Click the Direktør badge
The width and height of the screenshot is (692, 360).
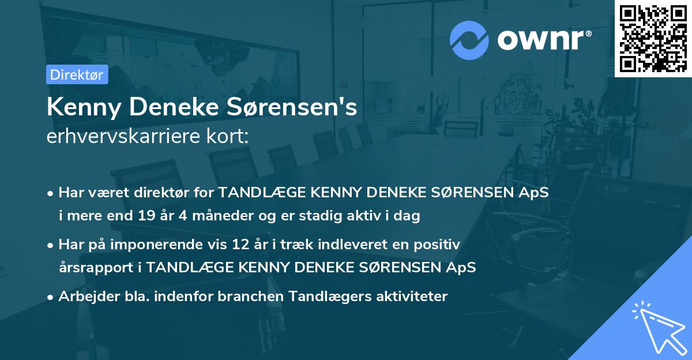tap(77, 74)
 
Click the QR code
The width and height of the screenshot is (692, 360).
tap(653, 38)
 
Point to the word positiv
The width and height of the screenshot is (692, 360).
tap(439, 245)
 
